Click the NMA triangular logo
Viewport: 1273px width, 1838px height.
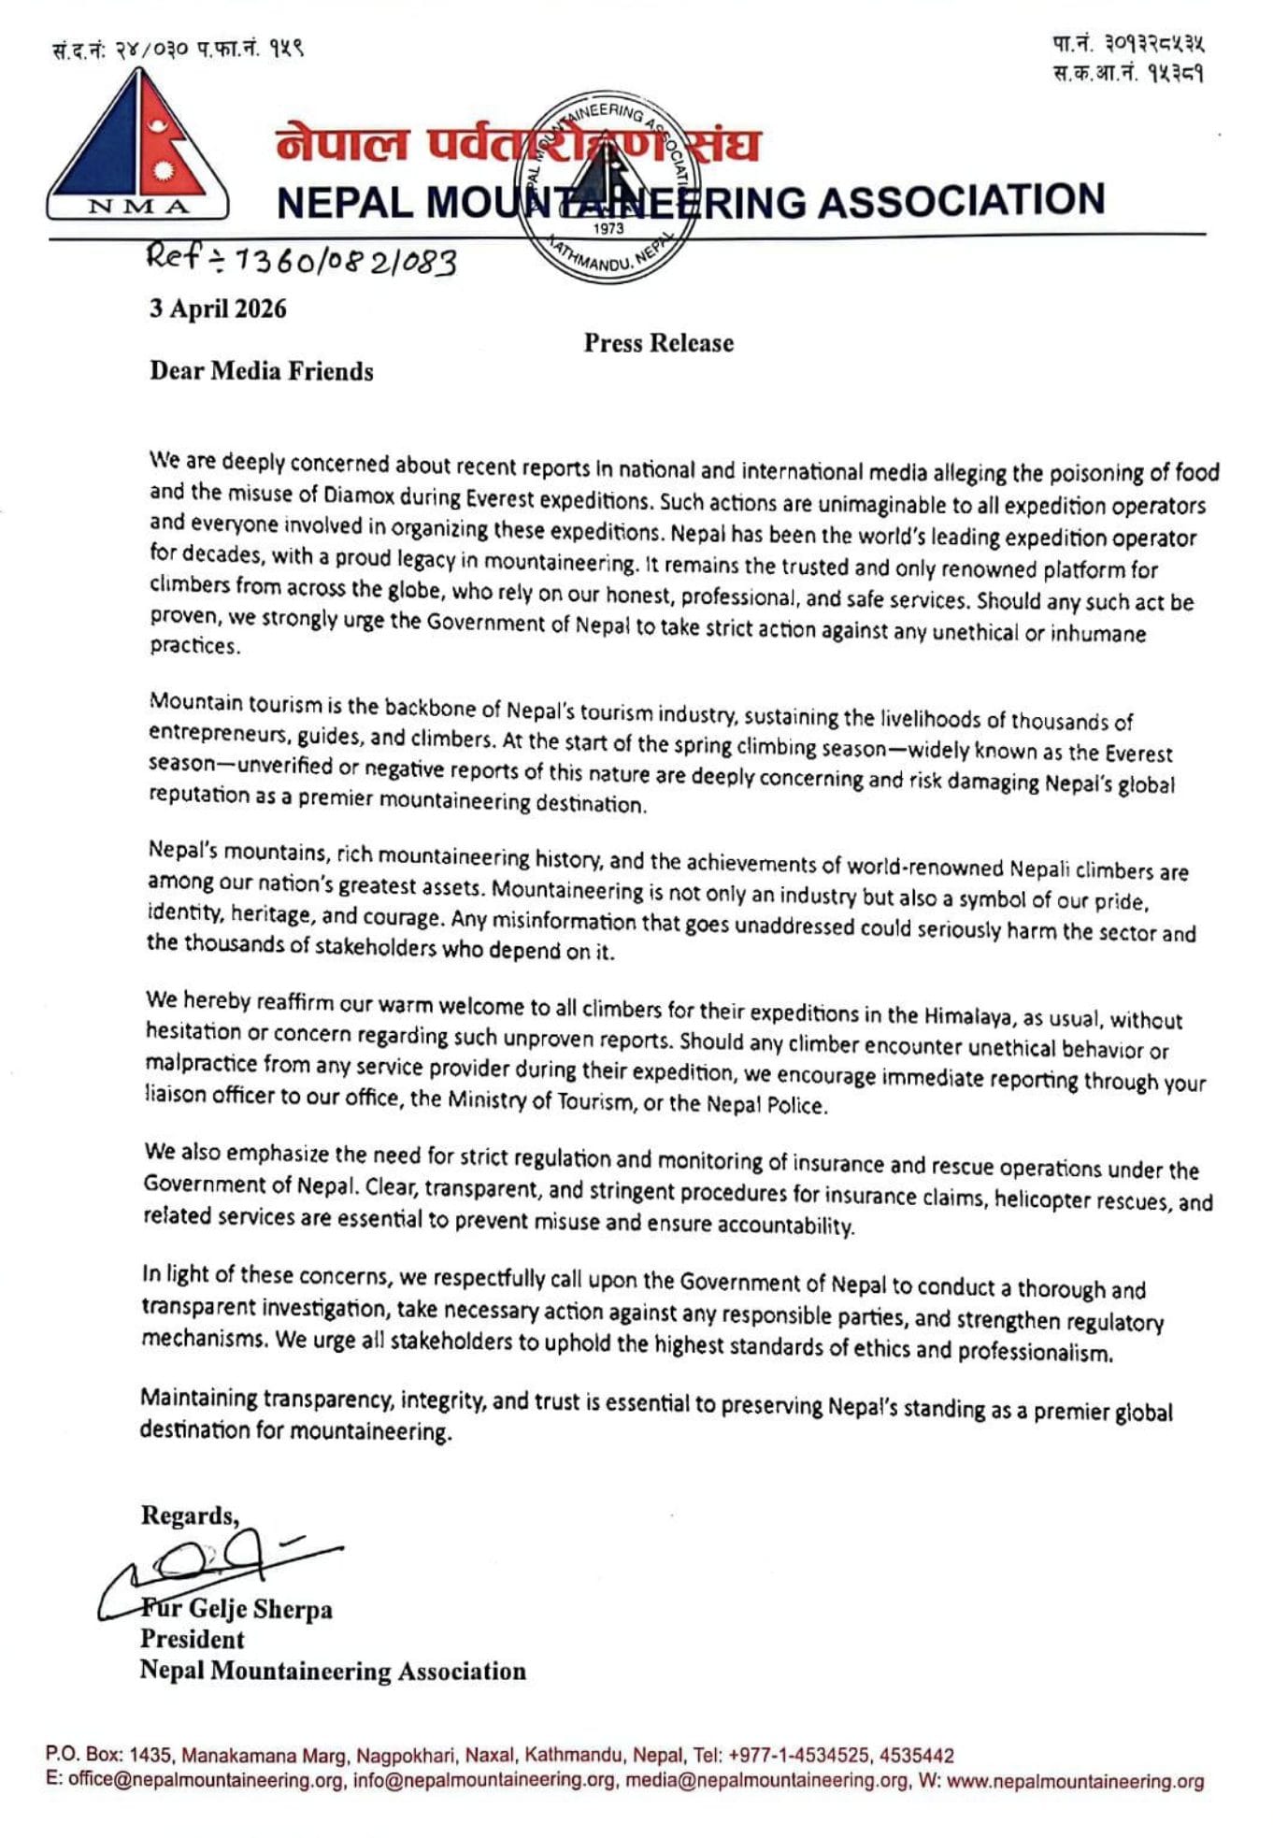(137, 145)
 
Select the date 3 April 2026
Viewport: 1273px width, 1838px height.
(218, 309)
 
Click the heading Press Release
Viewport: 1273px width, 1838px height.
(658, 343)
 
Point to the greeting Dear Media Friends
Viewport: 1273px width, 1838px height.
(261, 371)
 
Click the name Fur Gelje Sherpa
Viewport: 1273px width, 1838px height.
(238, 1609)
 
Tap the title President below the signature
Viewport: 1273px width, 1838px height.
(192, 1639)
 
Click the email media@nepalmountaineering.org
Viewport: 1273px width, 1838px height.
(766, 1780)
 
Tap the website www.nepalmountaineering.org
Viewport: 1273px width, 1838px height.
(1075, 1781)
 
